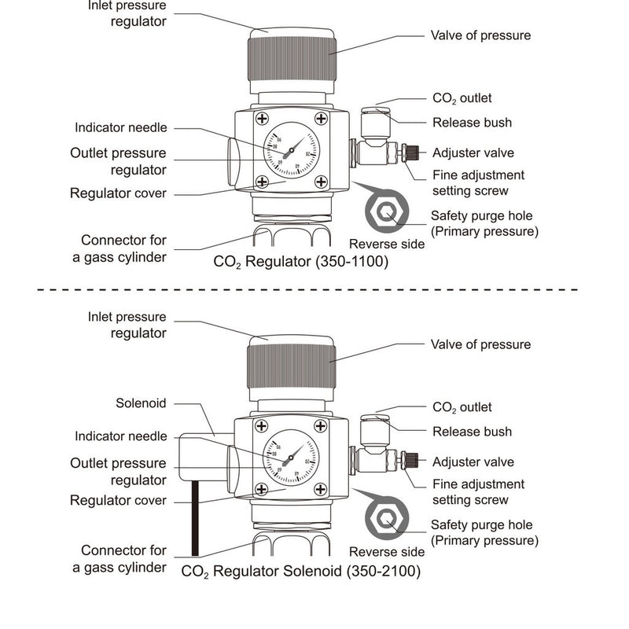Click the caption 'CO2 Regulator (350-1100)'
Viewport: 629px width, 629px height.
point(301,262)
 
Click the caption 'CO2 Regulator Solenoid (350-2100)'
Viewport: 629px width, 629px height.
point(301,572)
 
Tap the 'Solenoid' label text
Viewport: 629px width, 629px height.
point(141,403)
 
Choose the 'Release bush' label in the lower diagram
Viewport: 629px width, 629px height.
point(472,431)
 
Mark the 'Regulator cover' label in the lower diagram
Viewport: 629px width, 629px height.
point(118,501)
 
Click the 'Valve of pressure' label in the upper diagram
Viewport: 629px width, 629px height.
point(480,35)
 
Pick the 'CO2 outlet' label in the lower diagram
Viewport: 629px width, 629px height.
point(462,407)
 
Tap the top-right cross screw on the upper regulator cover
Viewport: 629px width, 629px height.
point(321,119)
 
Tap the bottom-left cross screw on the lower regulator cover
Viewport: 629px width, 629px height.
point(261,491)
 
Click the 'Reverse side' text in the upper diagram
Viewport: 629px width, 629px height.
point(387,244)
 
